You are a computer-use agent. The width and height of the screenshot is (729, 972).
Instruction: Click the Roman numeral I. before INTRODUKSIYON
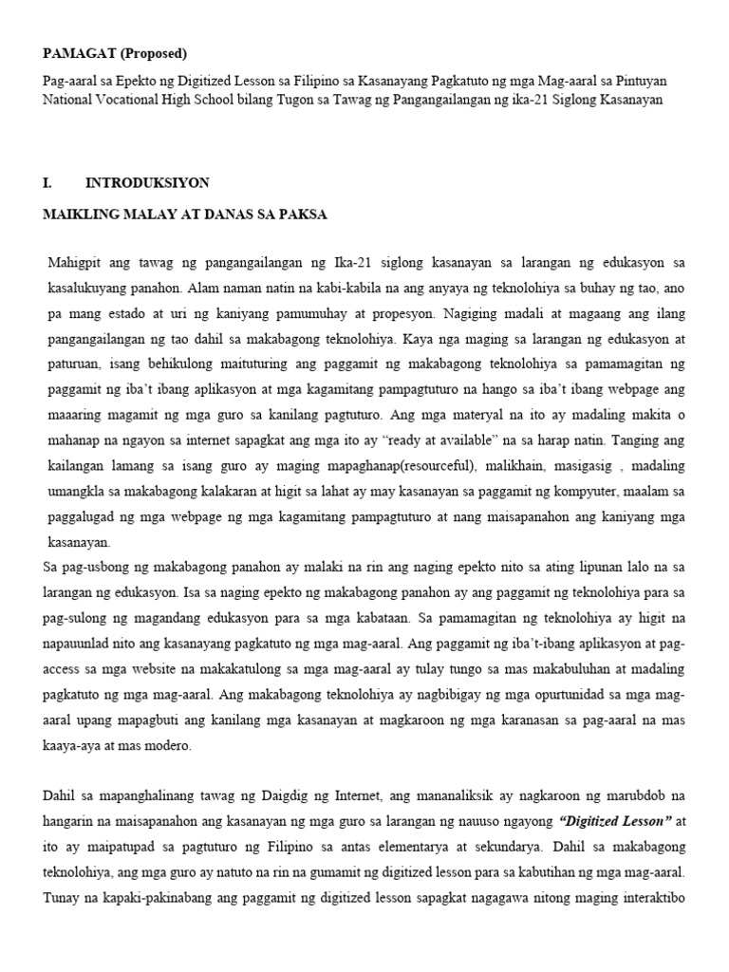[48, 182]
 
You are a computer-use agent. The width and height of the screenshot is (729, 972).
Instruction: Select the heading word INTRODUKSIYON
[147, 182]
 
